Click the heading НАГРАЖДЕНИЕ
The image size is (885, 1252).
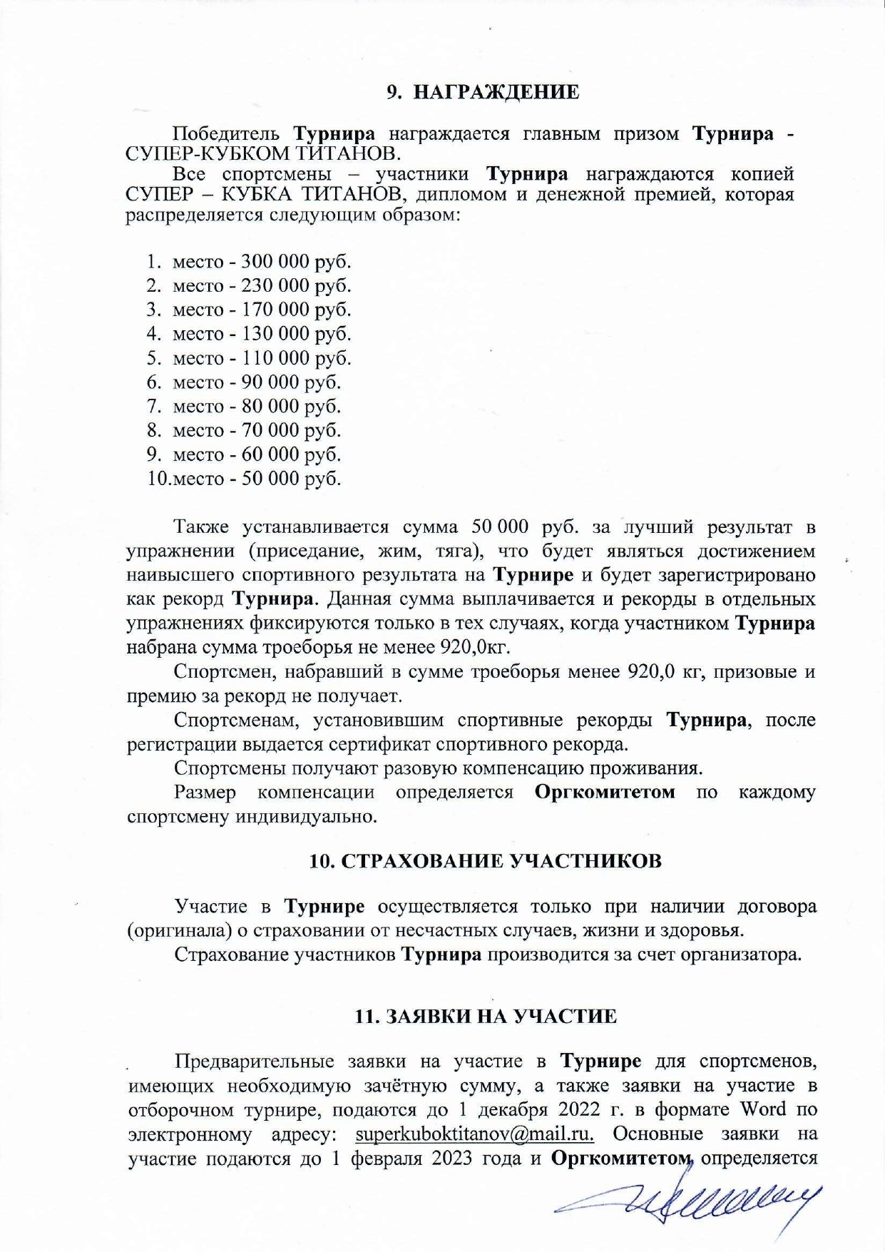click(496, 92)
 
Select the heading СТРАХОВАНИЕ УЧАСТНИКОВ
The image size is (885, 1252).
click(486, 861)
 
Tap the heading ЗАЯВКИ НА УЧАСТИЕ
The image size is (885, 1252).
click(486, 1017)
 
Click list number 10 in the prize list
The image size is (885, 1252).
click(156, 479)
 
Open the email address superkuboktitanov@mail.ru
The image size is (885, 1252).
click(474, 1134)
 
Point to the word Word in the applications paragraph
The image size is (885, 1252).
click(763, 1109)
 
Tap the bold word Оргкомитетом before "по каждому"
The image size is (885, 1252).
click(605, 793)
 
